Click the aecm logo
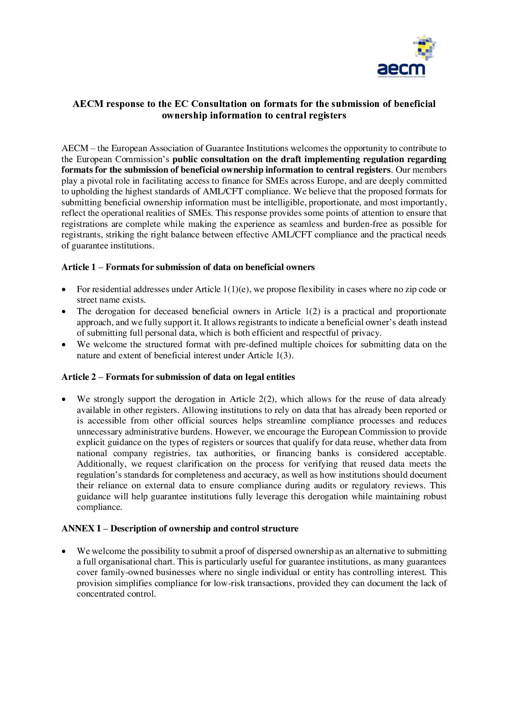406,57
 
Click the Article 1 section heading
188,267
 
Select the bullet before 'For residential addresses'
64,290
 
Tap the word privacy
365,333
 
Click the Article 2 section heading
178,377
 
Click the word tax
202,453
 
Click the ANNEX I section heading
180,529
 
